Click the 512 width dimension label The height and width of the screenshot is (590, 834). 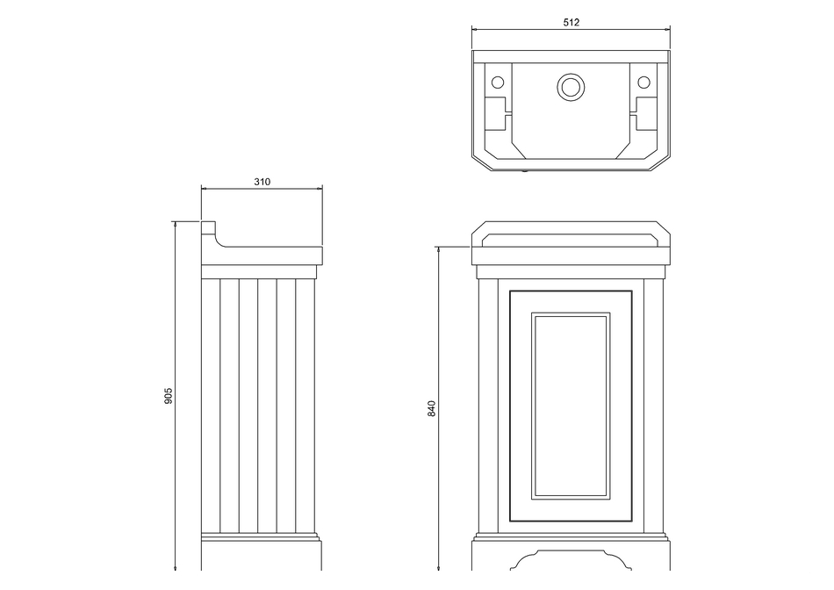(571, 22)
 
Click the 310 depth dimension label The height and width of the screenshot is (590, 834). (262, 182)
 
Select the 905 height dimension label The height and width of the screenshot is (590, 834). (169, 395)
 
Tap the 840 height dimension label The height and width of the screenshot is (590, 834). (432, 408)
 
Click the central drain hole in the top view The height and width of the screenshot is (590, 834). (571, 86)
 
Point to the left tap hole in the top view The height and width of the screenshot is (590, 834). (497, 83)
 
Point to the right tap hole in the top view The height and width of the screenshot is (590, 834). (643, 83)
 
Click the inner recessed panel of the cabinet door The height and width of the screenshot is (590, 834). (571, 406)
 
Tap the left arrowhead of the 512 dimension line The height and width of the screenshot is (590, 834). (474, 29)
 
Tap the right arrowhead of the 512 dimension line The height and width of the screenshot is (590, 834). (667, 29)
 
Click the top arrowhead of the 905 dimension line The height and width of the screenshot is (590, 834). (175, 224)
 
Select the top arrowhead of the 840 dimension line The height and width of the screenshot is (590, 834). (438, 249)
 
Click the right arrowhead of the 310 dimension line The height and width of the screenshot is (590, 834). (320, 188)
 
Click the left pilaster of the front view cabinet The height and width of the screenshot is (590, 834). (488, 406)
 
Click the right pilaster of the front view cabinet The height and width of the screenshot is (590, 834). (654, 406)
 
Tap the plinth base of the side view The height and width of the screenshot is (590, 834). (261, 553)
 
